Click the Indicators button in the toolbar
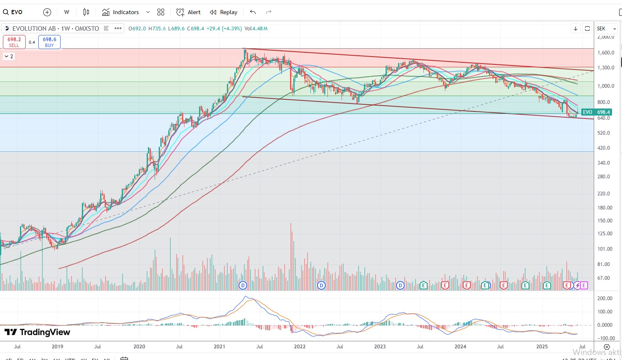(x=120, y=12)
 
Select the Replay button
(x=224, y=12)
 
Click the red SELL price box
(x=14, y=42)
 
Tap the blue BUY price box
(x=49, y=42)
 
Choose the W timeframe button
(x=66, y=12)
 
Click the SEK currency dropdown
(x=606, y=28)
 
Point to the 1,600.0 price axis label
(x=606, y=53)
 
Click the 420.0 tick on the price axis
(x=603, y=148)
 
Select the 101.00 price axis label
(x=605, y=249)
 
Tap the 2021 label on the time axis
(x=219, y=347)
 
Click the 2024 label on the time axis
(x=460, y=347)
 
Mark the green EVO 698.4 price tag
(x=596, y=112)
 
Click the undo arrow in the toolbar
(x=253, y=12)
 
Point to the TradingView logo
(x=37, y=332)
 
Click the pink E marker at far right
(x=584, y=285)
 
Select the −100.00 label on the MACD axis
(x=605, y=338)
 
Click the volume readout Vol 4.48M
(x=256, y=29)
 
